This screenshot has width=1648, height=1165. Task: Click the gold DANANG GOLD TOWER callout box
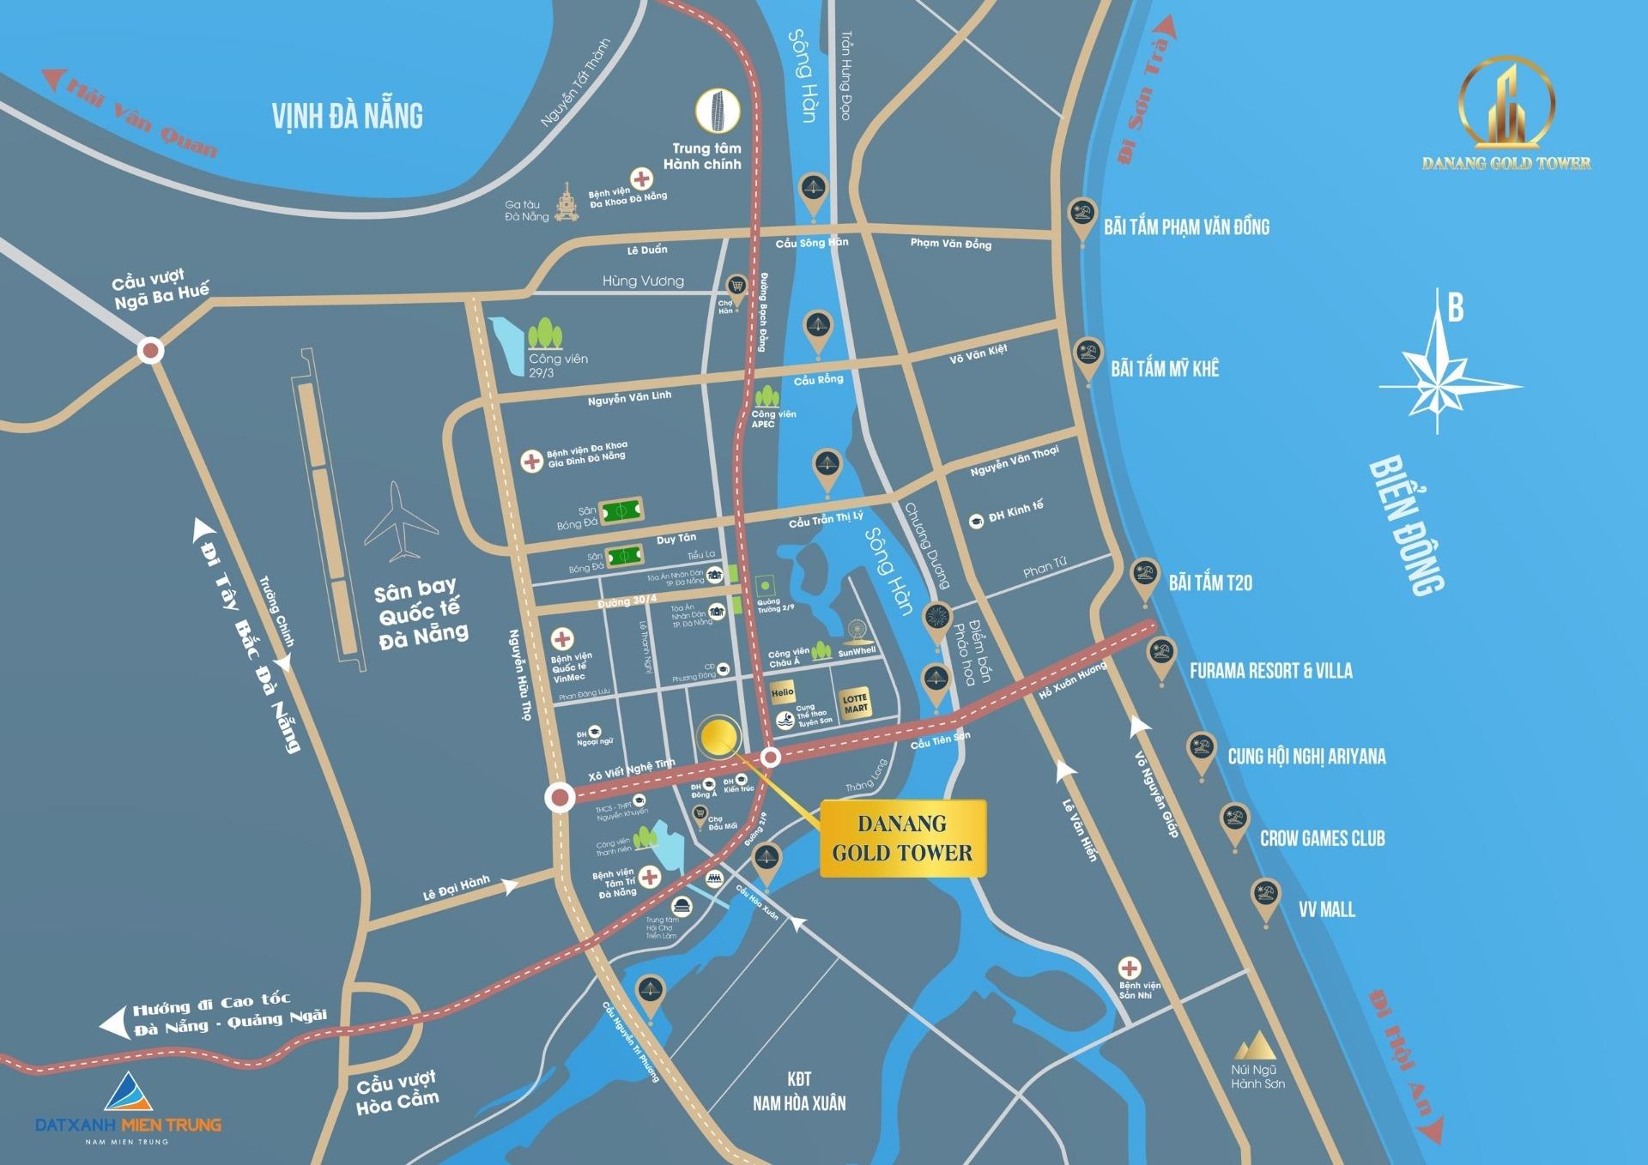pos(902,838)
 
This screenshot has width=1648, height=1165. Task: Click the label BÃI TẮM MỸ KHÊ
pos(1165,369)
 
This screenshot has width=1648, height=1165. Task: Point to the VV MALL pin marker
pos(1265,897)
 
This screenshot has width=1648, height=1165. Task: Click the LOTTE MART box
pos(856,703)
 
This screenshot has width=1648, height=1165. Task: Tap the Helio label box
pos(782,692)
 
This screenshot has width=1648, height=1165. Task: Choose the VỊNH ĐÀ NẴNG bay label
pos(348,116)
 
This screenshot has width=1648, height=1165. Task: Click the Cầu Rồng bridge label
pos(818,379)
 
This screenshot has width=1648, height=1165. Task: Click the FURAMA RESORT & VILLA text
pos(1270,671)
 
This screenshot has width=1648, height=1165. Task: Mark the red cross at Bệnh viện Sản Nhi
pos(1130,968)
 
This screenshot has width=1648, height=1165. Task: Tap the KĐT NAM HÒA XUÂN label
pos(799,1091)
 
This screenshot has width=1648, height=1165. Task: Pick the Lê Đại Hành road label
pos(456,888)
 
